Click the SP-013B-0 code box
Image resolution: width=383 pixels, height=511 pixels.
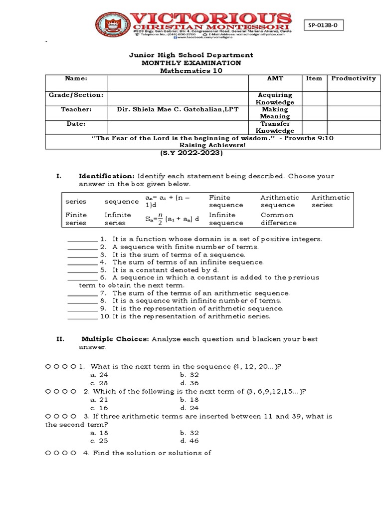click(325, 25)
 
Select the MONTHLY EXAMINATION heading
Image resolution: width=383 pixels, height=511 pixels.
click(191, 63)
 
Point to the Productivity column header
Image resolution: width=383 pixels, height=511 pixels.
click(353, 78)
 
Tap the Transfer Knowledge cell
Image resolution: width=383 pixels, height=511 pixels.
click(275, 127)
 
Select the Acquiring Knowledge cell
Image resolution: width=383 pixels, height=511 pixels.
click(275, 98)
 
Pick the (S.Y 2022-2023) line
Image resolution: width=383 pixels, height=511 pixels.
click(191, 153)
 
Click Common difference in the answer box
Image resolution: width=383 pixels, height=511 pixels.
click(277, 219)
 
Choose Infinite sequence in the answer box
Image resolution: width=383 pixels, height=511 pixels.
click(226, 219)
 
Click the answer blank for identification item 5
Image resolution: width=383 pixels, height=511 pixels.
click(82, 269)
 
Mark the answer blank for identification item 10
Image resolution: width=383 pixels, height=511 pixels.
click(82, 316)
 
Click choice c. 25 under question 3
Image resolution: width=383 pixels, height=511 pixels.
click(99, 441)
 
